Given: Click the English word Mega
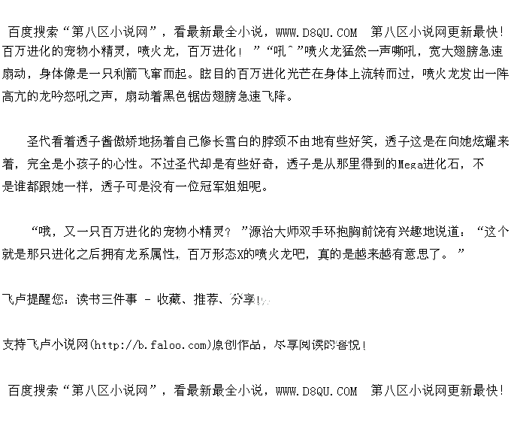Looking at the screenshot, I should [410, 163].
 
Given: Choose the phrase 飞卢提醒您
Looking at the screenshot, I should [35, 298].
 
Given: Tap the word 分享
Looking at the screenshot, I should [243, 298].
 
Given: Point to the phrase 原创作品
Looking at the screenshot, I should [237, 345].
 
